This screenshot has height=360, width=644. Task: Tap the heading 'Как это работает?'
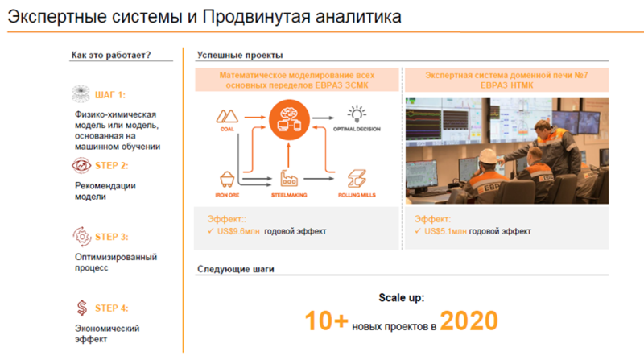pyautogui.click(x=110, y=56)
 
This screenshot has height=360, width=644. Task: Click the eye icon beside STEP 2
pyautogui.click(x=81, y=166)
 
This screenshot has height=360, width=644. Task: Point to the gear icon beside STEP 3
pyautogui.click(x=81, y=237)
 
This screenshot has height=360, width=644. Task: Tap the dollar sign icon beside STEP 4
pyautogui.click(x=81, y=308)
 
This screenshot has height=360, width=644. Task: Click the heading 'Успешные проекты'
pyautogui.click(x=240, y=56)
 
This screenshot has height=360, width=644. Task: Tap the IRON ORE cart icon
pyautogui.click(x=226, y=179)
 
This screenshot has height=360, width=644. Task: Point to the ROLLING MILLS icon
pyautogui.click(x=357, y=178)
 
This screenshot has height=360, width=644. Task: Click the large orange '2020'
pyautogui.click(x=469, y=322)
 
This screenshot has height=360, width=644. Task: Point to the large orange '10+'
pyautogui.click(x=327, y=322)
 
